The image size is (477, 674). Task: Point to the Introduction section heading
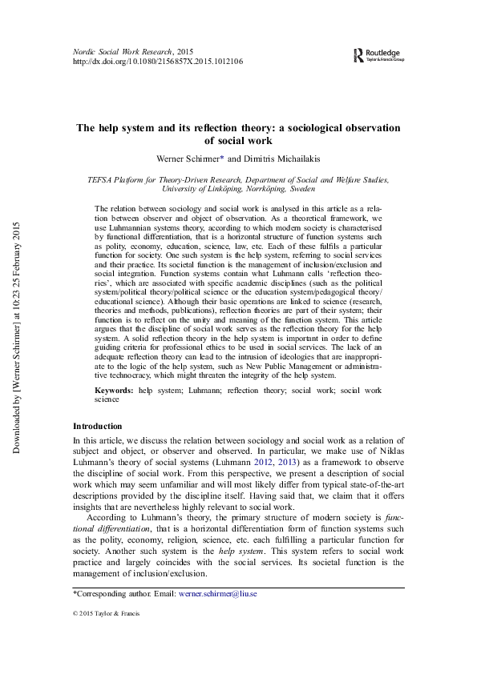[x=98, y=426]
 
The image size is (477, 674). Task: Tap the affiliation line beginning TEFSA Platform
[x=238, y=180]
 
